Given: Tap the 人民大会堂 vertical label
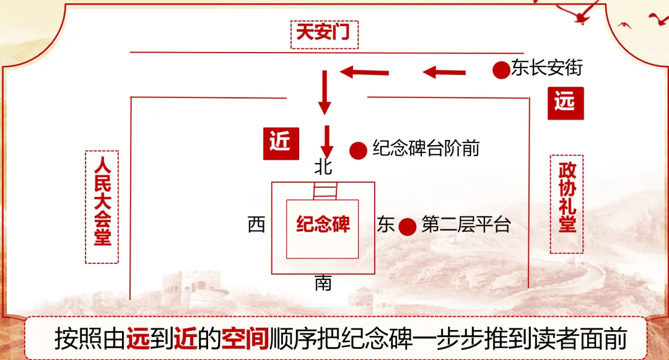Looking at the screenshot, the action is (102, 206).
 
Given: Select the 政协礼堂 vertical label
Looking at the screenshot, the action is (567, 204).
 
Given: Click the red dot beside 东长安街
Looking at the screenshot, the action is (501, 69).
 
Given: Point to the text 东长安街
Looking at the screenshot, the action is (547, 68).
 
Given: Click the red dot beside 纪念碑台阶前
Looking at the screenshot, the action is (358, 150).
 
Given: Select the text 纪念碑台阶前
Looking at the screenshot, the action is (426, 149).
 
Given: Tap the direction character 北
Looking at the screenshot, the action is (323, 167).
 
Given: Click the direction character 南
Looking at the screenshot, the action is (323, 284).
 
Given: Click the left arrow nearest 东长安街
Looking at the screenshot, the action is (444, 72).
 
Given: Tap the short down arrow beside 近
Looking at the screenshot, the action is (326, 142).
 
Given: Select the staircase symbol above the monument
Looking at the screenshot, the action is (323, 191).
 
